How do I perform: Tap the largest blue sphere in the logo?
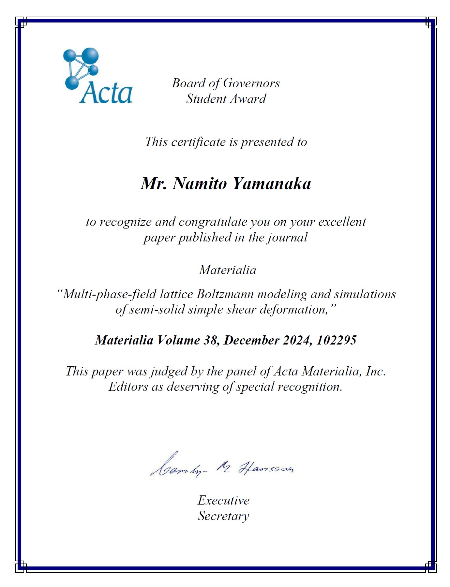point(90,56)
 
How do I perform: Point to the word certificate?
point(199,142)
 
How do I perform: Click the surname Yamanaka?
point(272,183)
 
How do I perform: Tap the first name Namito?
point(199,183)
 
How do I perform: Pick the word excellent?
point(342,222)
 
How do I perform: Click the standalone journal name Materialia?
point(227,270)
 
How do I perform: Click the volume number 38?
point(211,340)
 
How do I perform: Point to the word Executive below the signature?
point(223,500)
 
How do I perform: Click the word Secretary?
point(223,516)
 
